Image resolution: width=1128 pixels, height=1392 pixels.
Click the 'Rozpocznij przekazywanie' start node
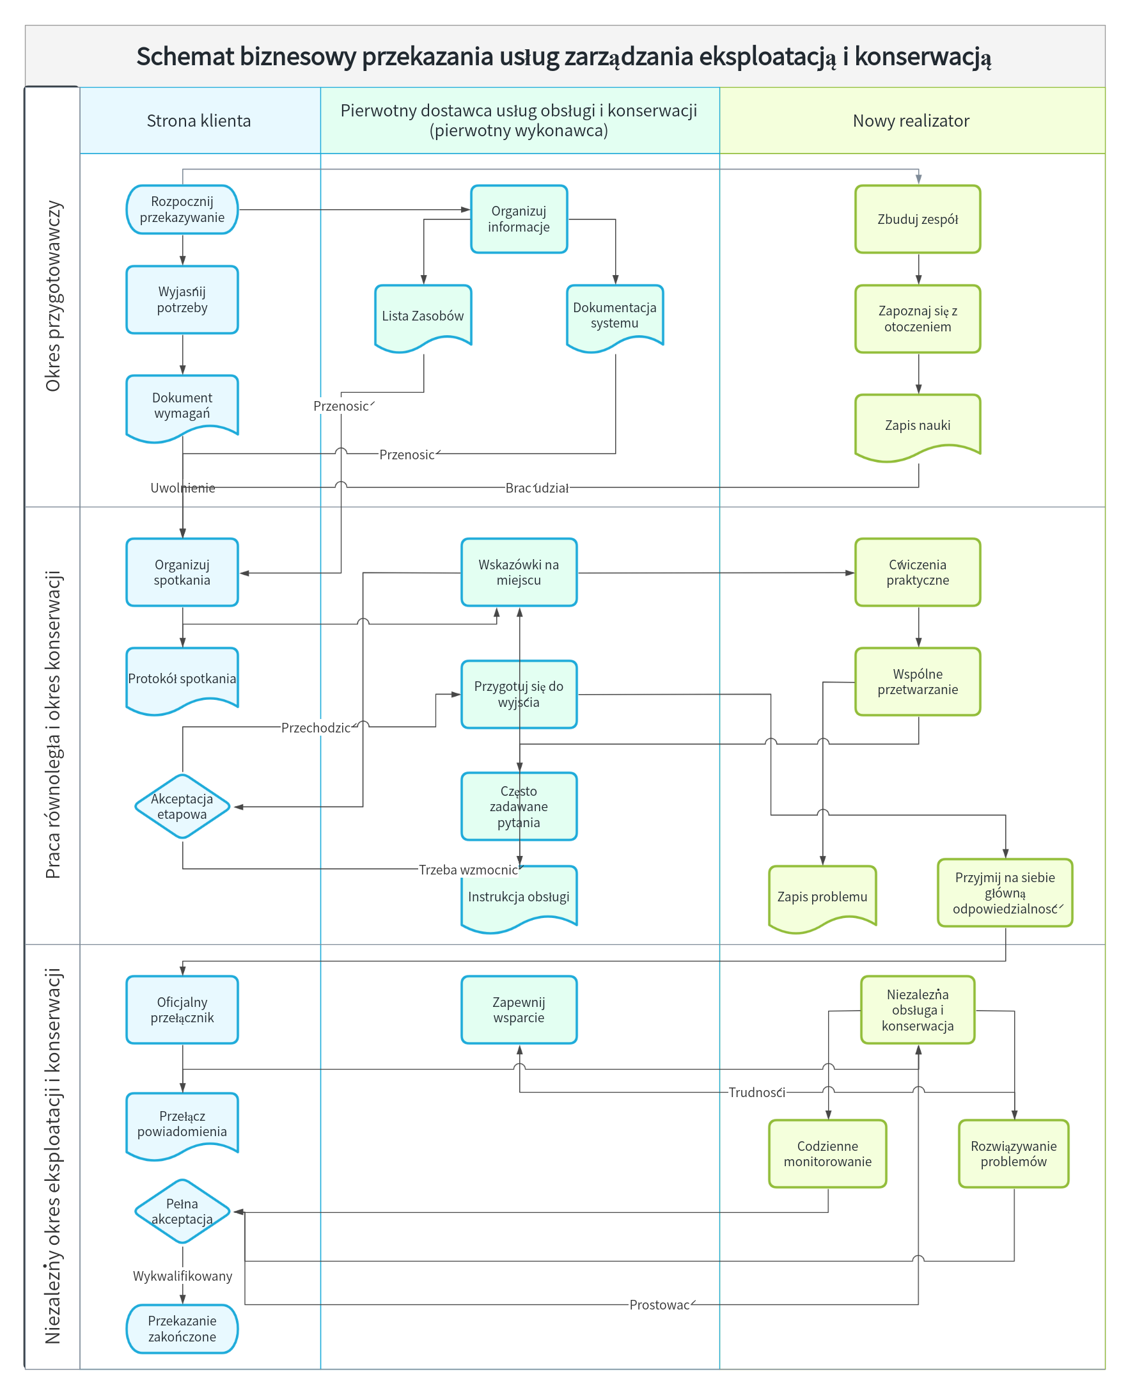[x=182, y=209]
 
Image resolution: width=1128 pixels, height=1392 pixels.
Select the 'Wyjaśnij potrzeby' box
[x=182, y=299]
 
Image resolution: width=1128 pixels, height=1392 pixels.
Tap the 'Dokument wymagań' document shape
[x=182, y=408]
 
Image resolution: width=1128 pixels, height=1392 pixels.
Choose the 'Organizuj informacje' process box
[x=519, y=219]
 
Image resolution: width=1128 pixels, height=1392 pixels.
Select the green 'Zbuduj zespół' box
[x=918, y=219]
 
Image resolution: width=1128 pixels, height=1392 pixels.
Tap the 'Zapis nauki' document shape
[x=918, y=427]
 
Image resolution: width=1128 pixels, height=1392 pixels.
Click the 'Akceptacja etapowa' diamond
[x=182, y=807]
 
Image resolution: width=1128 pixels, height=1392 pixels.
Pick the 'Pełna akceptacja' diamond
[x=182, y=1212]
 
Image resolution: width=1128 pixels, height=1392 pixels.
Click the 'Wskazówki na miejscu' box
[x=519, y=572]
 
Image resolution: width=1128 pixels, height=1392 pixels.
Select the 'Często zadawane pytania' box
[x=519, y=807]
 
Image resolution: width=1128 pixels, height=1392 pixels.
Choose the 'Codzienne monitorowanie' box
[x=827, y=1153]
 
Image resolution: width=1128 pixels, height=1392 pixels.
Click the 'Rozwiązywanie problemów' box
[x=1014, y=1153]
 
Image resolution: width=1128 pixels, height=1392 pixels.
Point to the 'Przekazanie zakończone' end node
[x=182, y=1329]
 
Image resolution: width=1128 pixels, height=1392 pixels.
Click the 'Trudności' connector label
[x=757, y=1093]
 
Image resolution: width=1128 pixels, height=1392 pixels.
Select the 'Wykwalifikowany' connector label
[x=183, y=1276]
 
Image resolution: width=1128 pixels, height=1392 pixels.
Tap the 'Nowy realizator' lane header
[x=912, y=120]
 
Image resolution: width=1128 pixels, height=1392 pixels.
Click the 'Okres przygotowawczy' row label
[x=52, y=296]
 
